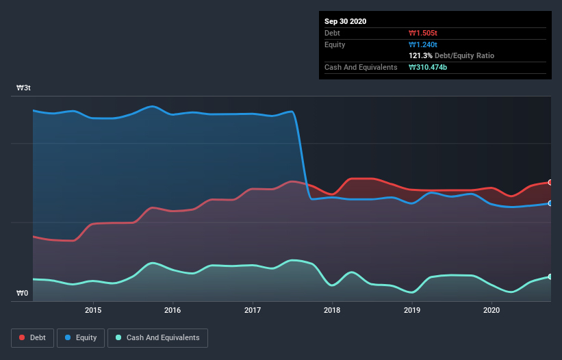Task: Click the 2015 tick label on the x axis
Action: click(93, 310)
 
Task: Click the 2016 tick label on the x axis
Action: click(173, 310)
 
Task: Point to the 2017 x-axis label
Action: click(253, 310)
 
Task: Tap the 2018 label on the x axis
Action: click(332, 310)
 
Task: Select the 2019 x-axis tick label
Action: click(412, 310)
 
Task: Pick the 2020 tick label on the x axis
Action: click(491, 310)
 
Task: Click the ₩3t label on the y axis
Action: click(23, 88)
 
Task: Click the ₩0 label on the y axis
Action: click(23, 294)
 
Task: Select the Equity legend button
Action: click(81, 337)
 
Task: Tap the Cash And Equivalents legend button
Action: click(157, 337)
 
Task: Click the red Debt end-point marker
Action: click(550, 182)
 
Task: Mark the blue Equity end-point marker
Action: click(550, 203)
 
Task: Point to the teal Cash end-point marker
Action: click(550, 277)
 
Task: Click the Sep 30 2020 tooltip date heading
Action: click(346, 21)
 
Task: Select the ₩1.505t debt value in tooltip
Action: click(424, 33)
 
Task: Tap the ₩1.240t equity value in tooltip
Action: click(424, 44)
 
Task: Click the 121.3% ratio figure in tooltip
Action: click(420, 55)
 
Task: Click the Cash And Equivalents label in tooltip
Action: click(361, 67)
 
